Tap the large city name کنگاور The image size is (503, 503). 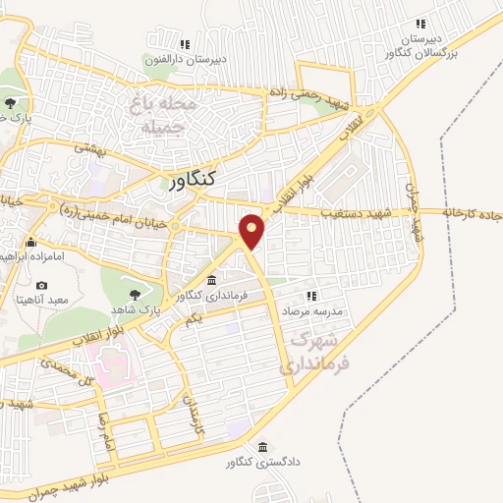click(193, 181)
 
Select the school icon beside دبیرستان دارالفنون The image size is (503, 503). click(184, 43)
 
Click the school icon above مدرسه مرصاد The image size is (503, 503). click(311, 295)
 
